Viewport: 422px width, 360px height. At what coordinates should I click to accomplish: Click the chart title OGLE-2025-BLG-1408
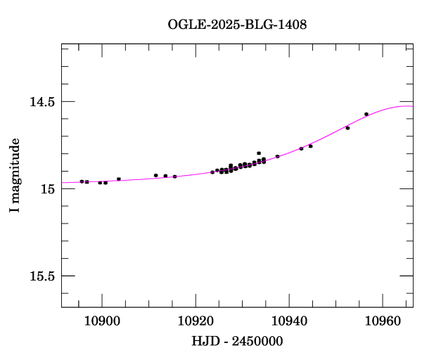pos(237,25)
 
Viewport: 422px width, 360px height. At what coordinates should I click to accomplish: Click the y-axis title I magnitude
pos(15,176)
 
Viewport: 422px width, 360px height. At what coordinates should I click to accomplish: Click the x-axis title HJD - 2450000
pos(237,341)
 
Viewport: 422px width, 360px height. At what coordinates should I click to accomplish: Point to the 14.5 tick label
pos(41,102)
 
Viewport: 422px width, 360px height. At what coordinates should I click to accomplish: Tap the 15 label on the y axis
pos(47,189)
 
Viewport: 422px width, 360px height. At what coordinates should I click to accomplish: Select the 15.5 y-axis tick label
pos(41,276)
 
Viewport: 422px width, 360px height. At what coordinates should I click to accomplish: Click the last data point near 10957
pos(366,114)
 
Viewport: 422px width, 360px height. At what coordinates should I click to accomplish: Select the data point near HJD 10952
pos(347,128)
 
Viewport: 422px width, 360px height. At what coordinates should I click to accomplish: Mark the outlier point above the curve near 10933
pos(259,153)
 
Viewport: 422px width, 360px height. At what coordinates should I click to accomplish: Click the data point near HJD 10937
pos(277,156)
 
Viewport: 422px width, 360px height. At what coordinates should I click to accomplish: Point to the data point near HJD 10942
pos(301,148)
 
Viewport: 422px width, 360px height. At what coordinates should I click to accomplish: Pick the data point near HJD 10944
pos(310,146)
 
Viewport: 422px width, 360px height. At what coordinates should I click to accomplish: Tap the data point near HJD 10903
pos(119,179)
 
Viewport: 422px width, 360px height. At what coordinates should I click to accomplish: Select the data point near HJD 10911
pos(155,175)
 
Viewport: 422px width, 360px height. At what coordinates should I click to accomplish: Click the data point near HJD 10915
pos(174,176)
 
